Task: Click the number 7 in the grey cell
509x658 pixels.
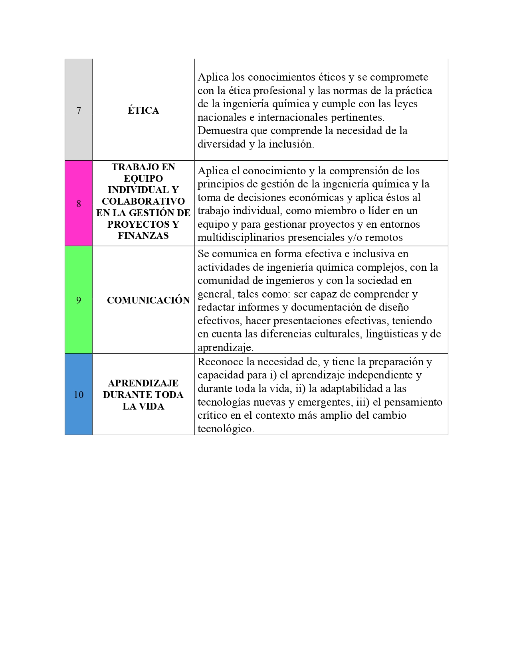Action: (x=79, y=110)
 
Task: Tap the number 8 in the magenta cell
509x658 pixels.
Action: (x=79, y=204)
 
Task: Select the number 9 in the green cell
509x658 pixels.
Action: (x=79, y=300)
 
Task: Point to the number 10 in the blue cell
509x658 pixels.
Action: (x=79, y=395)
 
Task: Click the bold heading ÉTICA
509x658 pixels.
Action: (x=143, y=110)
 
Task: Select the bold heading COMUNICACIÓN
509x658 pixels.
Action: (x=148, y=300)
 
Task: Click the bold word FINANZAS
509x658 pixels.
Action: (x=143, y=236)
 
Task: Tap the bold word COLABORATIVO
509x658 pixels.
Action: (x=143, y=201)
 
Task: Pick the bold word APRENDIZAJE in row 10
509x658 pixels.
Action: (x=143, y=383)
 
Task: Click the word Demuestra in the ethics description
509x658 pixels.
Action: (x=222, y=131)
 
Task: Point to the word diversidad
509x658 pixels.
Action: (x=222, y=144)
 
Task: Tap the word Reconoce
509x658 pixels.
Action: (x=220, y=362)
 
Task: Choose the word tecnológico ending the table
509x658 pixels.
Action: (x=226, y=429)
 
